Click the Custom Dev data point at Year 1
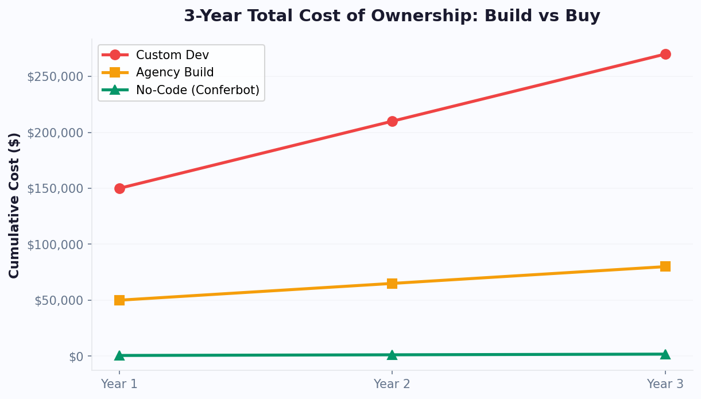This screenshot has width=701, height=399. [119, 188]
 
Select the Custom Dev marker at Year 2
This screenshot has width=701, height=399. [392, 121]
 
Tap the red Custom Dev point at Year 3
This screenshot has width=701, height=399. [665, 54]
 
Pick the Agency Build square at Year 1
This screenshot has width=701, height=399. [119, 300]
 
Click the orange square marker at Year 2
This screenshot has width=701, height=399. [392, 283]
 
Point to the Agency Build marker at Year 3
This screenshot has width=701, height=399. [665, 266]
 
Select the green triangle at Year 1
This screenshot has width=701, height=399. [119, 355]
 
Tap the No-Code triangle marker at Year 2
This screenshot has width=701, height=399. [392, 355]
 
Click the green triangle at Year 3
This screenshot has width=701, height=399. [665, 354]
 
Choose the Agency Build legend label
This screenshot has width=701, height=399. [175, 72]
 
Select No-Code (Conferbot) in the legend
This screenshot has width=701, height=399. [197, 90]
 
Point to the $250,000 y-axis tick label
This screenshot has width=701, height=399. [55, 76]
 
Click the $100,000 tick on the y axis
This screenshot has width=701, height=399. [55, 245]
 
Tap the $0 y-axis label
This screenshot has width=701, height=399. [76, 357]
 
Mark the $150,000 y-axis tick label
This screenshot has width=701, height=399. [55, 188]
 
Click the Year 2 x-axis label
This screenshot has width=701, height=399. [392, 384]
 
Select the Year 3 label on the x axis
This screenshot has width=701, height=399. [665, 384]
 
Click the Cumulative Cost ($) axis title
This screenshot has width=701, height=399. [14, 205]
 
